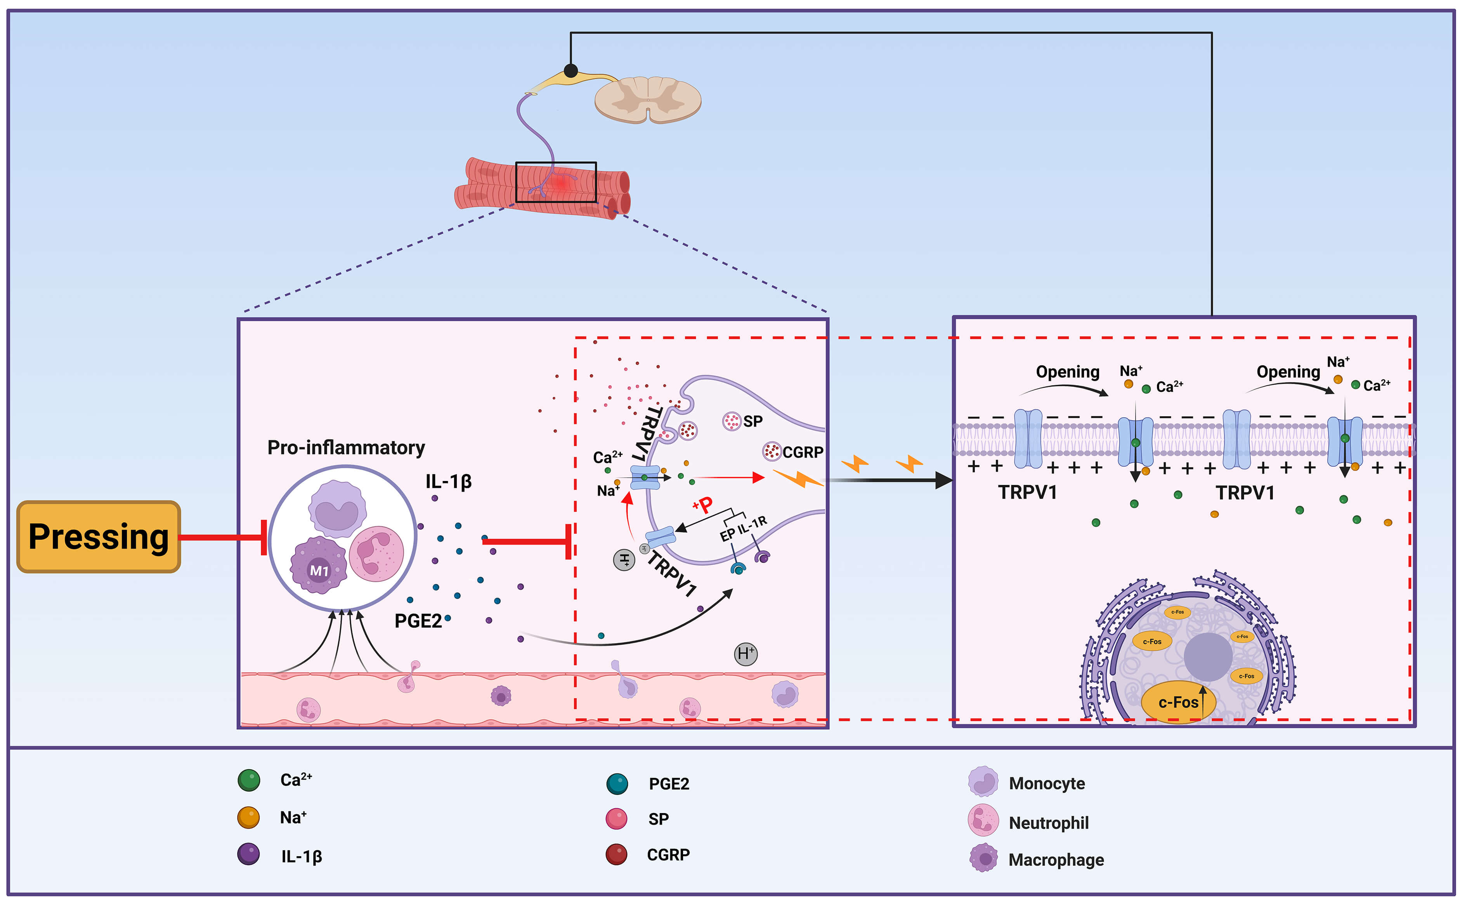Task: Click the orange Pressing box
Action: tap(99, 537)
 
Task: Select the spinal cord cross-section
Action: tap(648, 99)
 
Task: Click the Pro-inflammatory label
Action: tap(346, 448)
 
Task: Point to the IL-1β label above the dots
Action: tap(449, 481)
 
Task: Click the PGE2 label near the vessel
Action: tap(418, 621)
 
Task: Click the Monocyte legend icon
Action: tap(983, 781)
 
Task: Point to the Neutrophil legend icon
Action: tap(983, 820)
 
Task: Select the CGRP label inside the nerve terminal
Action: tap(803, 452)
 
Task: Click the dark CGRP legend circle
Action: tap(616, 854)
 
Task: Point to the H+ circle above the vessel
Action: tap(746, 654)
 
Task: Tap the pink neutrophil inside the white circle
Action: tap(376, 554)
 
